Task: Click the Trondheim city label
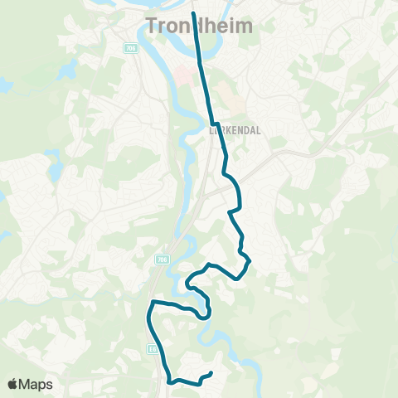(x=199, y=26)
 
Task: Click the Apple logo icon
(x=12, y=384)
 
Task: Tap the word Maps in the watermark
(x=36, y=384)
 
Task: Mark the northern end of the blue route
(x=193, y=13)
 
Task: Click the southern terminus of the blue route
(x=212, y=374)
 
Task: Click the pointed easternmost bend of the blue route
(x=250, y=261)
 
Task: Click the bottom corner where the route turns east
(x=170, y=381)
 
